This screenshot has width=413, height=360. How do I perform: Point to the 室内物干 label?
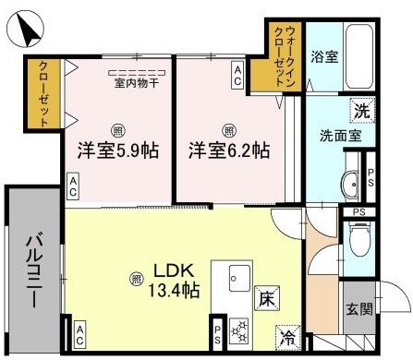tap(137, 81)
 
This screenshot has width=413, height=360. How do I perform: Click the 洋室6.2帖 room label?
tap(230, 149)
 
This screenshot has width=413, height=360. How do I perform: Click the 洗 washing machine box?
tap(363, 112)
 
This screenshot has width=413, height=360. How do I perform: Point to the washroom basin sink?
tap(351, 185)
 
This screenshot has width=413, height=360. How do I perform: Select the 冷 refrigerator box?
tap(288, 339)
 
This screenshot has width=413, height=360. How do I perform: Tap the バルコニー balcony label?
tap(31, 270)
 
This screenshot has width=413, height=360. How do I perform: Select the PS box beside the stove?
tap(217, 331)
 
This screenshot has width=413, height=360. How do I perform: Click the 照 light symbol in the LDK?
tap(137, 276)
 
